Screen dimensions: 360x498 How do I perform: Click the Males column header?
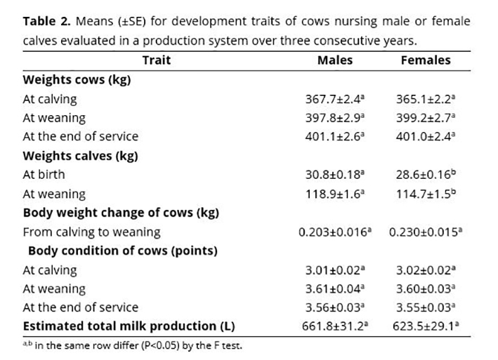(x=335, y=60)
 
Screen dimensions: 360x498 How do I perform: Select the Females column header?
(x=426, y=60)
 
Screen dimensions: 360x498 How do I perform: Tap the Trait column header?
(x=157, y=60)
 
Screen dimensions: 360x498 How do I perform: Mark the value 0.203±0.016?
(x=333, y=232)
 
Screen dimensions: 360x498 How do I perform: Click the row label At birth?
(x=44, y=175)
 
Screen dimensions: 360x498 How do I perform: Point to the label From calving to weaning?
(x=91, y=232)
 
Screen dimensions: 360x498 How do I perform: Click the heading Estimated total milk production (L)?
(x=129, y=326)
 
